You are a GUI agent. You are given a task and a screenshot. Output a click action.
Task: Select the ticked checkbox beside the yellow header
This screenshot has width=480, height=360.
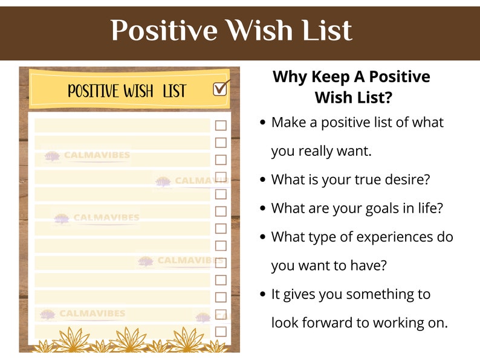click(x=221, y=89)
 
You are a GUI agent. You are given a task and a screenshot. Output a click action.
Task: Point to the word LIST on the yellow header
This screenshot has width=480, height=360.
click(x=175, y=92)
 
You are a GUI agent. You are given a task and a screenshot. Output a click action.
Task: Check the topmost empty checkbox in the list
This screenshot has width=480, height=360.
click(x=221, y=126)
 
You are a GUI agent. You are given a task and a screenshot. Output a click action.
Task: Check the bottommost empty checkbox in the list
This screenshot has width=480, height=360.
click(x=221, y=331)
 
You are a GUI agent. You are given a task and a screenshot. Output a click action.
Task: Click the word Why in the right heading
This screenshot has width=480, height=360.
click(x=290, y=77)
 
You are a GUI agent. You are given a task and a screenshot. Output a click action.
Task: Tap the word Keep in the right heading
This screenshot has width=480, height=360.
click(x=332, y=77)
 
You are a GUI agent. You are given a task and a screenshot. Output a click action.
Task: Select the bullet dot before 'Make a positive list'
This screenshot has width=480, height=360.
click(x=262, y=123)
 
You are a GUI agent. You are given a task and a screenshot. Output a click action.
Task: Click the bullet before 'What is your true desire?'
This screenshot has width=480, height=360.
click(x=262, y=180)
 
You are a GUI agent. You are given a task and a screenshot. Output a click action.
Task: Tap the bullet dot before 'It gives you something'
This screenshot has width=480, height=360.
click(x=262, y=295)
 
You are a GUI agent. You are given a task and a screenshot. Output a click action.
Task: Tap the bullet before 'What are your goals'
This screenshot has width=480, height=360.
click(x=262, y=208)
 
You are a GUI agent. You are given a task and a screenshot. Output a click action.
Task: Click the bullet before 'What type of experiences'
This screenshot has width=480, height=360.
click(x=262, y=237)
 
